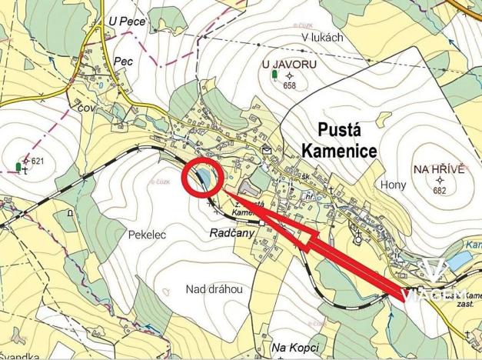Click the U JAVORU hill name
coord(289,65)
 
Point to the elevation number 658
coord(289,85)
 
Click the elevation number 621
coord(38,161)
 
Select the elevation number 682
coord(440,190)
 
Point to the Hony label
coord(393,185)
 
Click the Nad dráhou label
coord(214,289)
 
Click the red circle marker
coord(202,175)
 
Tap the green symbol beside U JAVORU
coord(274,75)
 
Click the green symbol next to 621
coord(18,166)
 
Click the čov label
coord(85,109)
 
